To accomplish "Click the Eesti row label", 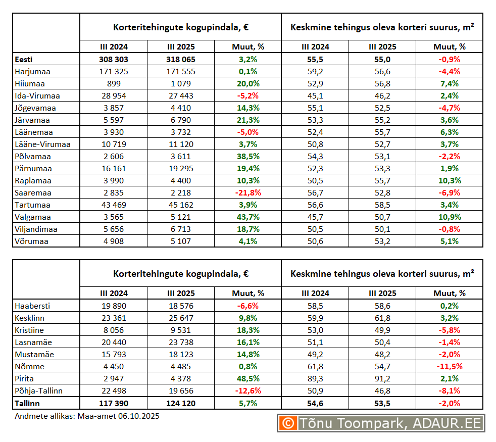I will [23, 59].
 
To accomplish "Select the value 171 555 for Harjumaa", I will [181, 71].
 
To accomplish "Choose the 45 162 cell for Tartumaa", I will [181, 205].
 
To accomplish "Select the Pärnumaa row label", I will [33, 168].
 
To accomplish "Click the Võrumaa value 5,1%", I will [449, 241].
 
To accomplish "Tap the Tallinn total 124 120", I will [181, 403].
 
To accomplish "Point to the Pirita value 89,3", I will [315, 378].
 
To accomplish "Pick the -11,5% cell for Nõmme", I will [449, 366].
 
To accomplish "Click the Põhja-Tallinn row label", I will [39, 390].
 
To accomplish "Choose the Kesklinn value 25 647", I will [181, 318].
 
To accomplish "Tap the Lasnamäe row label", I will [33, 342].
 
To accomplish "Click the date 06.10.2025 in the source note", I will [139, 416].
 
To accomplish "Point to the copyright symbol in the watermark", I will [288, 423].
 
